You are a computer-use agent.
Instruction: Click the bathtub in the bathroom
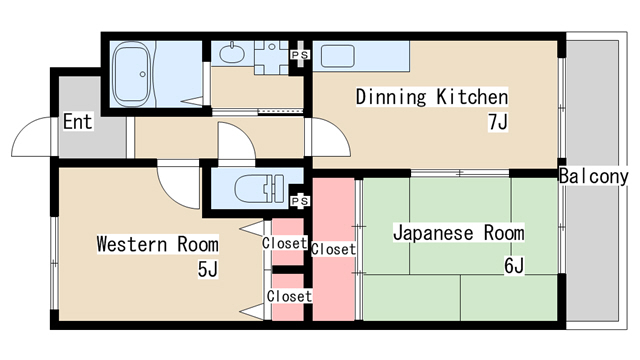pos(132,74)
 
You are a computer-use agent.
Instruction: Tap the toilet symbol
pos(259,189)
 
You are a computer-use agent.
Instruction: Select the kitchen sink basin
pos(338,56)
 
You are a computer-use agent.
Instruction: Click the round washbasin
pos(232,53)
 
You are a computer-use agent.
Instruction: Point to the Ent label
pos(78,122)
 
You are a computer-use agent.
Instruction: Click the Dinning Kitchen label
pos(432,97)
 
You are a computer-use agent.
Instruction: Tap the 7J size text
pos(498,122)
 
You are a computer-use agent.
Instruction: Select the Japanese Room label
pos(458,233)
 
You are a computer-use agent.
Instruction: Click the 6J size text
pos(514,266)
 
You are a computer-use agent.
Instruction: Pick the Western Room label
pos(158,244)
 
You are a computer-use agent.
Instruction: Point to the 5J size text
pos(208,269)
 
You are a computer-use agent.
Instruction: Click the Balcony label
pos(593,176)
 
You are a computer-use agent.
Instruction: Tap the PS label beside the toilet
pos(300,201)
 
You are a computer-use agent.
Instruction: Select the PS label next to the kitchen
pos(300,54)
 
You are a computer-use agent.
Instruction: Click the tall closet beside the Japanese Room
pos(333,249)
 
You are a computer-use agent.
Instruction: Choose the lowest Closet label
pos(289,296)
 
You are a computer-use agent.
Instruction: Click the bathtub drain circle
pos(142,74)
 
